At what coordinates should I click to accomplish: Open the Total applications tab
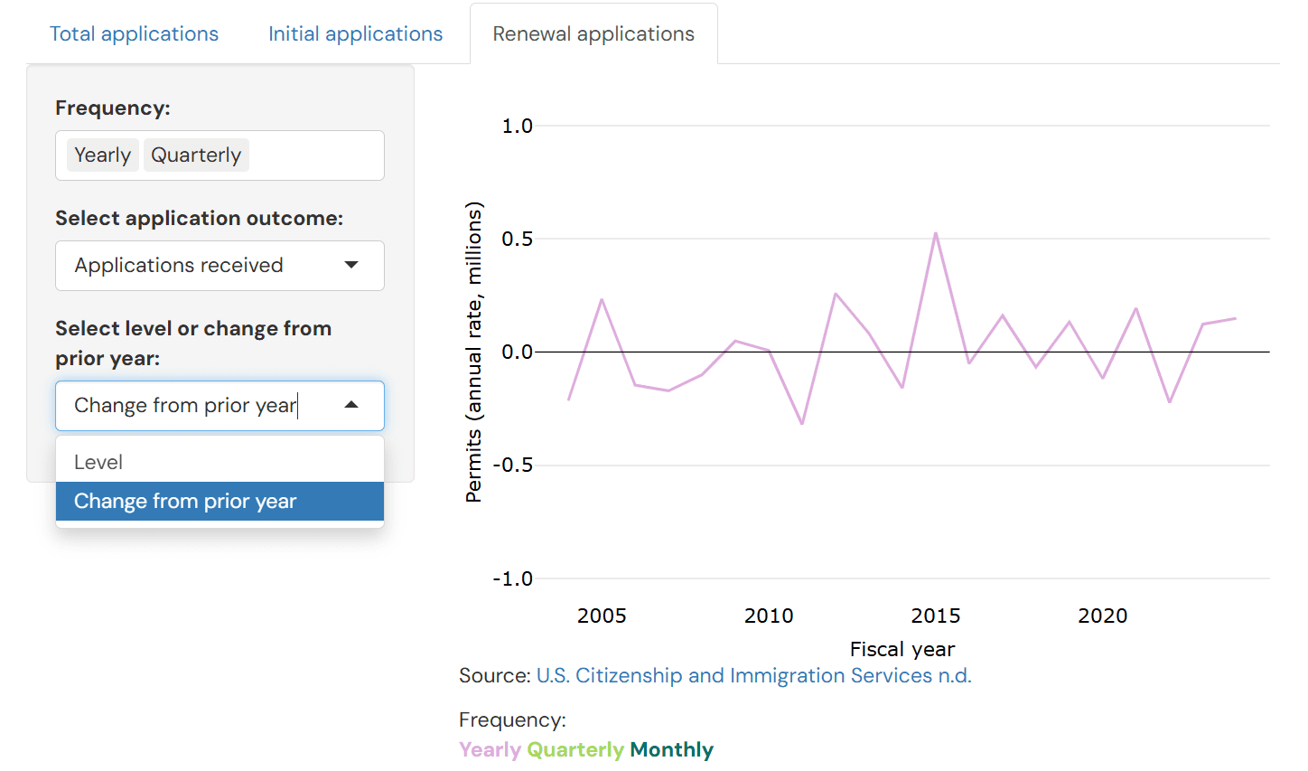tap(134, 34)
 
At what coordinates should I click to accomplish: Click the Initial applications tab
tap(355, 34)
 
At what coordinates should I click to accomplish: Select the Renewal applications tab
tap(593, 34)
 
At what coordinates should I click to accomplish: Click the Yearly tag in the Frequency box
tap(102, 155)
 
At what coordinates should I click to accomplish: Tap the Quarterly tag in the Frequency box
tap(196, 155)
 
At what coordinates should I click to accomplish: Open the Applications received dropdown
tap(220, 266)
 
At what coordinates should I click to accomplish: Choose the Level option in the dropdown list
tap(220, 462)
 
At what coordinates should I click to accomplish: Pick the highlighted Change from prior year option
tap(220, 502)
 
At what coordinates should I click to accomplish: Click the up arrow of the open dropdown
tap(351, 405)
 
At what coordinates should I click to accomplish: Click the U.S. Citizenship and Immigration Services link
tap(753, 676)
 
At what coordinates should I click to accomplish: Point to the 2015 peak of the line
tap(936, 234)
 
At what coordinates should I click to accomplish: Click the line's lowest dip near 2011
tap(802, 423)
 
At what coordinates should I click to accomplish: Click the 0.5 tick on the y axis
tap(517, 240)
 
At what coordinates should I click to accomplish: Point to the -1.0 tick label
tap(512, 578)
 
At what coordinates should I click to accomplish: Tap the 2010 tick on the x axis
tap(769, 616)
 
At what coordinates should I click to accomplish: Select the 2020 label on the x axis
tap(1102, 616)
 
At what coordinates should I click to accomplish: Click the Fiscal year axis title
tap(902, 649)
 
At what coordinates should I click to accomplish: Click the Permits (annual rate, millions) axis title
tap(473, 352)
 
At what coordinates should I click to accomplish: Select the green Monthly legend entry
tap(671, 750)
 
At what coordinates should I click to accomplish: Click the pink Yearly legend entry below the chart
tap(490, 750)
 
